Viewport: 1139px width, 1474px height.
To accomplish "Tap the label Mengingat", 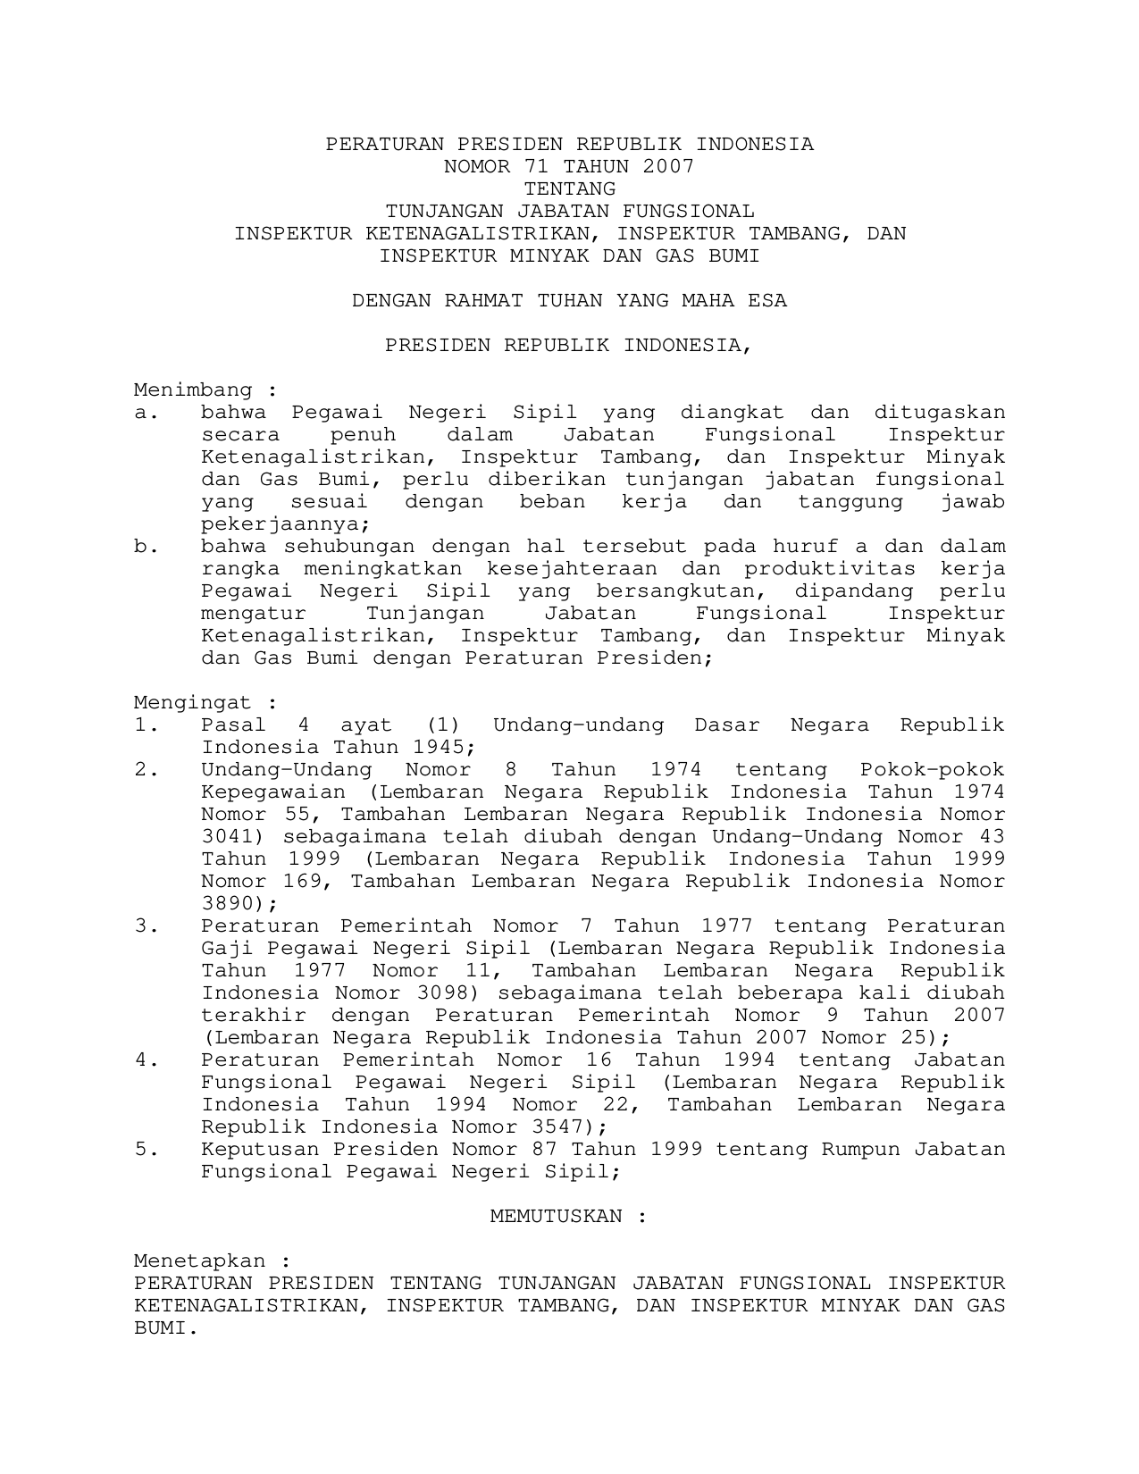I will coord(193,702).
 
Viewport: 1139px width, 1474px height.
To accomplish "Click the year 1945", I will coord(440,747).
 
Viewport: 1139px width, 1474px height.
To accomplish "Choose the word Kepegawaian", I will coord(272,791).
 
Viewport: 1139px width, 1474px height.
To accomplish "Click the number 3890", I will coord(228,903).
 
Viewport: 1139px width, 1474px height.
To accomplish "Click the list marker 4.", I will coord(141,1059).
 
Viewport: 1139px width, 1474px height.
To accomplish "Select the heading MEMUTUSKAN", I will coord(556,1216).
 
